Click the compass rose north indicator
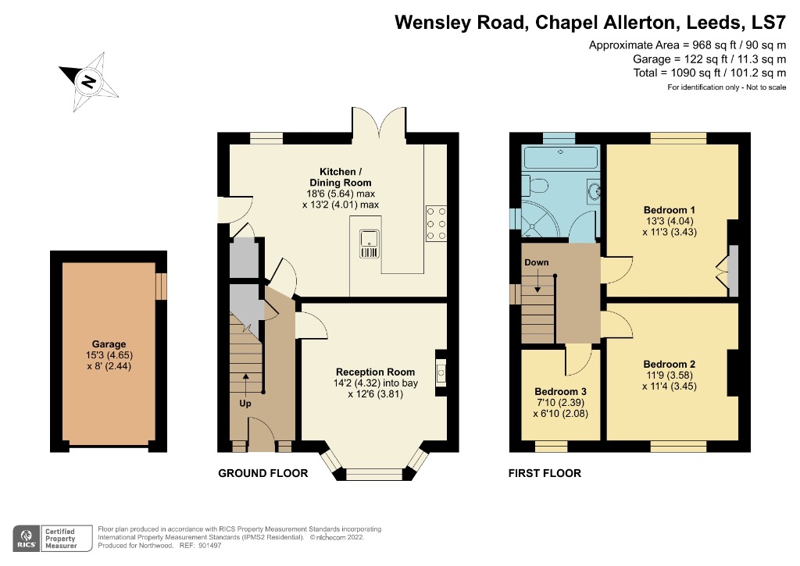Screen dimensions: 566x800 point(90,80)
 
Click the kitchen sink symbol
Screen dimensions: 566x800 point(369,244)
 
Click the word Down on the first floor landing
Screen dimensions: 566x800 point(537,262)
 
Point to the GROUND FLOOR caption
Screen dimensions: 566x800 point(262,473)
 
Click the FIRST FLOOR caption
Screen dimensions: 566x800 point(545,473)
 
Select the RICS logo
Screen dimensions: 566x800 point(27,538)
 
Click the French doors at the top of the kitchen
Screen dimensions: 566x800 point(379,123)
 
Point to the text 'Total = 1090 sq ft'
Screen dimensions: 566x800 point(684,73)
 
